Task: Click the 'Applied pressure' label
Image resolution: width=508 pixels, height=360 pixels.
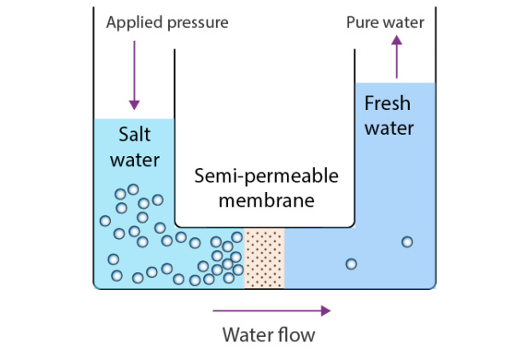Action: (167, 22)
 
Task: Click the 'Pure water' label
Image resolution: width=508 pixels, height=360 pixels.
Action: (385, 22)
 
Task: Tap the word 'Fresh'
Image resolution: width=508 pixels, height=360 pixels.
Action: (388, 104)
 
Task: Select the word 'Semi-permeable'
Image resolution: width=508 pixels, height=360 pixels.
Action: (266, 177)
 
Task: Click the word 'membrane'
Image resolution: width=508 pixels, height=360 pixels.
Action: (266, 201)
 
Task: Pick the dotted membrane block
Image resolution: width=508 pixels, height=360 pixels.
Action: (264, 258)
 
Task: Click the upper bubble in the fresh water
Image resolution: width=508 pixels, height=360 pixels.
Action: (407, 242)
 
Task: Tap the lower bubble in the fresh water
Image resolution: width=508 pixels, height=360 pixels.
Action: (351, 264)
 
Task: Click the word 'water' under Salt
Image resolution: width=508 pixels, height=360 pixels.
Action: (135, 160)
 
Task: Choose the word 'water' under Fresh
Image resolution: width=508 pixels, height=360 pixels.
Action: (388, 129)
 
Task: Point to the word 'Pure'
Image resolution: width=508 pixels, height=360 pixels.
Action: (362, 22)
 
